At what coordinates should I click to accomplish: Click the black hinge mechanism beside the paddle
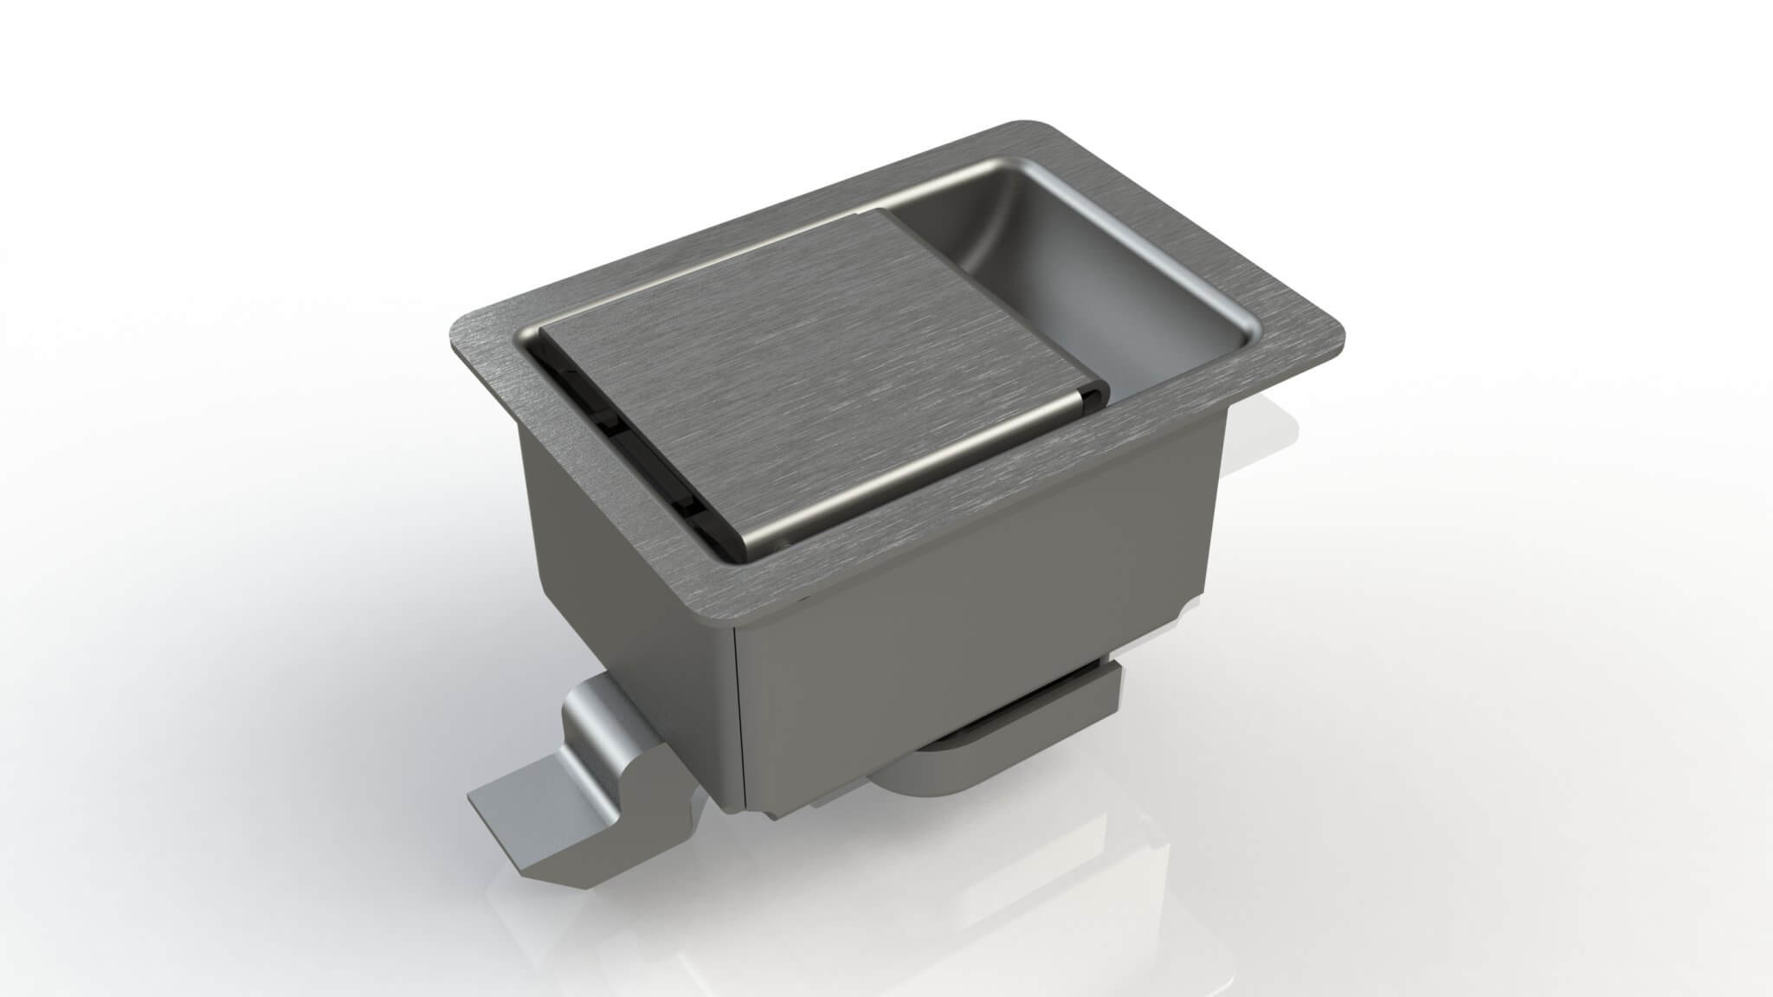(632, 433)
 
